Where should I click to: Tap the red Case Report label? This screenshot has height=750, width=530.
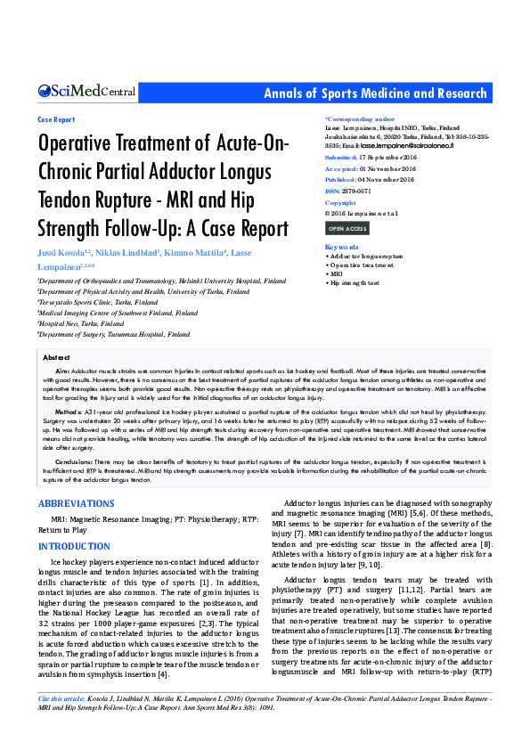[x=56, y=118]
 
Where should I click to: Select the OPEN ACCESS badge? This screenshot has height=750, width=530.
[x=347, y=229]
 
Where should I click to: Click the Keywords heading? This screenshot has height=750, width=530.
[x=343, y=247]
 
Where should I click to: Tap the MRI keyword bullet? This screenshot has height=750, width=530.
[x=335, y=273]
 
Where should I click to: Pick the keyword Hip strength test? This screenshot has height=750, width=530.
[x=355, y=282]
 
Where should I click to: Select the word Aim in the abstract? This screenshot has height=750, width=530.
[x=62, y=369]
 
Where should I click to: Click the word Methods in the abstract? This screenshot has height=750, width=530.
[x=68, y=412]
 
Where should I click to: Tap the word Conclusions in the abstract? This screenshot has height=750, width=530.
[x=74, y=461]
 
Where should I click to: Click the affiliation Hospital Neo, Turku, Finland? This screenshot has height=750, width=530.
[x=81, y=324]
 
